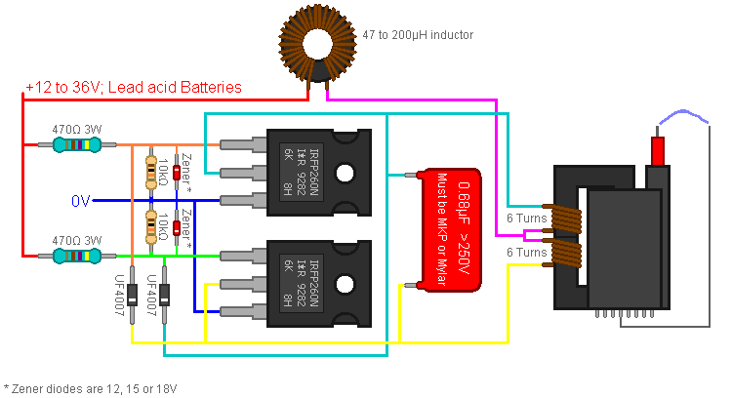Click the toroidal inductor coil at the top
click(318, 42)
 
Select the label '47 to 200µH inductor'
click(417, 35)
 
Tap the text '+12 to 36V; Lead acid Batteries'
click(134, 88)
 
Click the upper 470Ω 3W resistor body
click(76, 145)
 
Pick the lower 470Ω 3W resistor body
click(76, 257)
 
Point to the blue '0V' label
click(81, 200)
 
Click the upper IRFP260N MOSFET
click(318, 173)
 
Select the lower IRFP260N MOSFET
click(318, 284)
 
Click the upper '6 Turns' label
click(526, 218)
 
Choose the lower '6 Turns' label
click(526, 252)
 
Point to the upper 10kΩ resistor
click(150, 171)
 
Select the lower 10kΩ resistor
click(150, 225)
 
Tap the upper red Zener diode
click(177, 173)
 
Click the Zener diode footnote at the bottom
click(90, 388)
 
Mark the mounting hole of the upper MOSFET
click(347, 173)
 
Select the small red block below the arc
click(658, 151)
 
